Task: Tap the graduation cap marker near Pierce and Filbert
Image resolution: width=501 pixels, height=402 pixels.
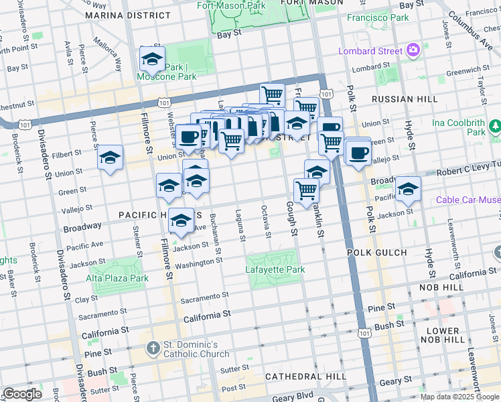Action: [111, 158]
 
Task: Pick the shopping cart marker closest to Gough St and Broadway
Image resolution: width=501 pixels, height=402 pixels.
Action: [306, 190]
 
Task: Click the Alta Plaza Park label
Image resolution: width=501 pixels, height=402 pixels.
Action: [117, 278]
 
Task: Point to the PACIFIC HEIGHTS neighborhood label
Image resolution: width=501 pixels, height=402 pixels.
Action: [158, 215]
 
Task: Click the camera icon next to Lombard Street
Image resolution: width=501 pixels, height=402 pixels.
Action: [414, 50]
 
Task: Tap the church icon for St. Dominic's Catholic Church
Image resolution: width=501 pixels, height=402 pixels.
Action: [153, 348]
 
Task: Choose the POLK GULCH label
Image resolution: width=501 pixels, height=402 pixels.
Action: [377, 253]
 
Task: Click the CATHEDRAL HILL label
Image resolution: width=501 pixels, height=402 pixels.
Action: [305, 377]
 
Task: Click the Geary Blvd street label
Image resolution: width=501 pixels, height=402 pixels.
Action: [292, 397]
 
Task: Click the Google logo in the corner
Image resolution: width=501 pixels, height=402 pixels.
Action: [22, 394]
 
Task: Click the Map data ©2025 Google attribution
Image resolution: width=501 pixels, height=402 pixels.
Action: [459, 397]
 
